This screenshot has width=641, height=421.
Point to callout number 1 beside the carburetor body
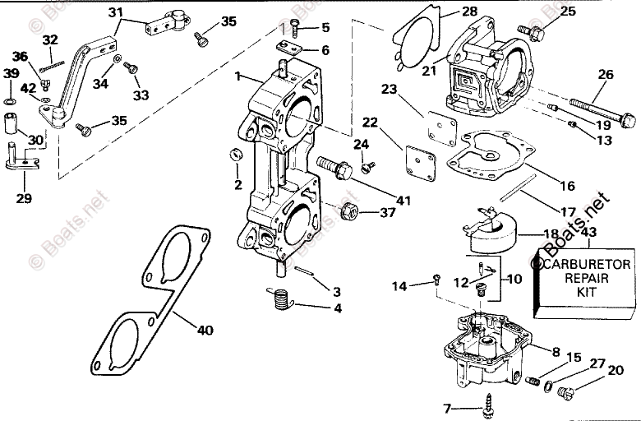tap(237, 76)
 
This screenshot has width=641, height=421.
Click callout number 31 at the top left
tap(114, 12)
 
